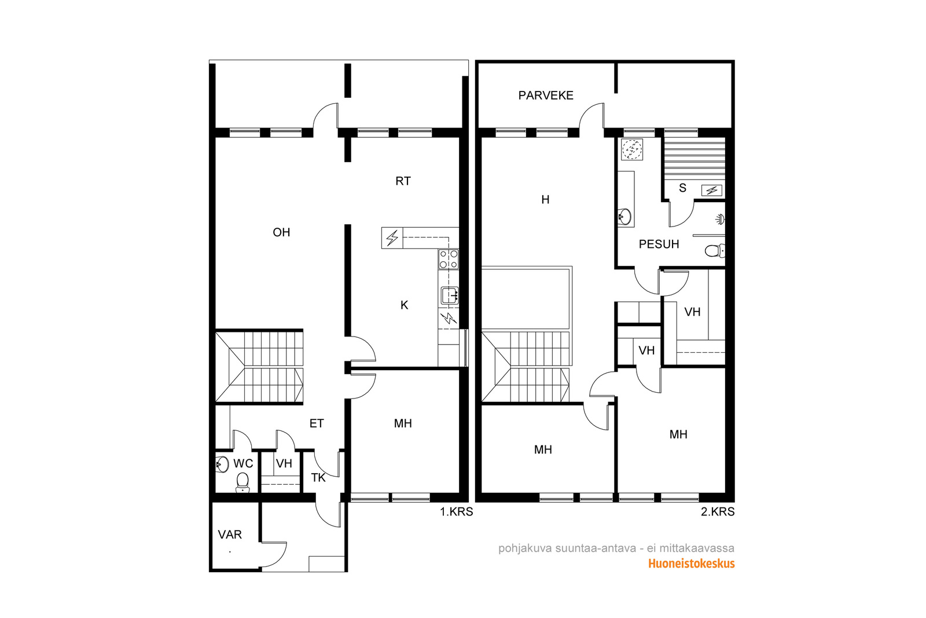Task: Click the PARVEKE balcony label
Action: point(546,96)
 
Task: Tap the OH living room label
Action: point(281,232)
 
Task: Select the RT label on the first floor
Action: point(403,181)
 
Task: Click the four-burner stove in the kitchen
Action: point(449,259)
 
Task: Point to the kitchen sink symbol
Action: point(450,295)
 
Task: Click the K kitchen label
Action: point(405,305)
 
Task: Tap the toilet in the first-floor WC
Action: point(242,482)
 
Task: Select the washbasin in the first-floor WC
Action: point(222,465)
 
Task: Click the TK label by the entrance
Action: point(318,478)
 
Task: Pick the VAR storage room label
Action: point(230,535)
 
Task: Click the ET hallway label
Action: point(317,423)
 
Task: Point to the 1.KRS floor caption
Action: point(457,512)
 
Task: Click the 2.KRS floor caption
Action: point(718,512)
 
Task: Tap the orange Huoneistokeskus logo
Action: point(691,564)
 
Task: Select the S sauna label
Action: point(682,188)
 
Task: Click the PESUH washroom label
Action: point(659,244)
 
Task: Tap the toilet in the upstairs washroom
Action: point(715,251)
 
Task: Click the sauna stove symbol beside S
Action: point(712,191)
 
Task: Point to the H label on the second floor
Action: point(545,200)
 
